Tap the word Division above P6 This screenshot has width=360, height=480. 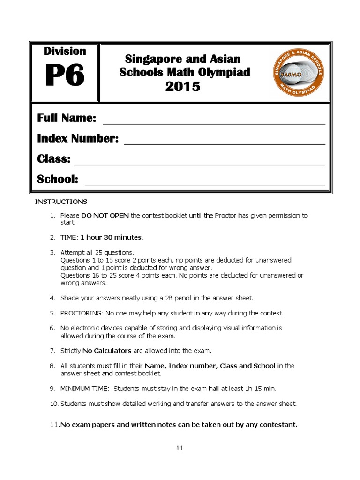(x=65, y=51)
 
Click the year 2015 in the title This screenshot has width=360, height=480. (x=183, y=87)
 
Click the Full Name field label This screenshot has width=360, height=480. (x=67, y=118)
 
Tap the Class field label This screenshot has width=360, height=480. (x=54, y=159)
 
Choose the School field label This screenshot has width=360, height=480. (x=58, y=180)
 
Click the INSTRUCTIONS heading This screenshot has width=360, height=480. (x=61, y=202)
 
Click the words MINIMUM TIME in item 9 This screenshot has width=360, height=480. (x=85, y=389)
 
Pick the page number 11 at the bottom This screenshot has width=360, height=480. (x=180, y=448)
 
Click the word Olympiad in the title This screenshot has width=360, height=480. (x=227, y=73)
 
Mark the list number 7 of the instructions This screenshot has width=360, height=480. (x=52, y=351)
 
